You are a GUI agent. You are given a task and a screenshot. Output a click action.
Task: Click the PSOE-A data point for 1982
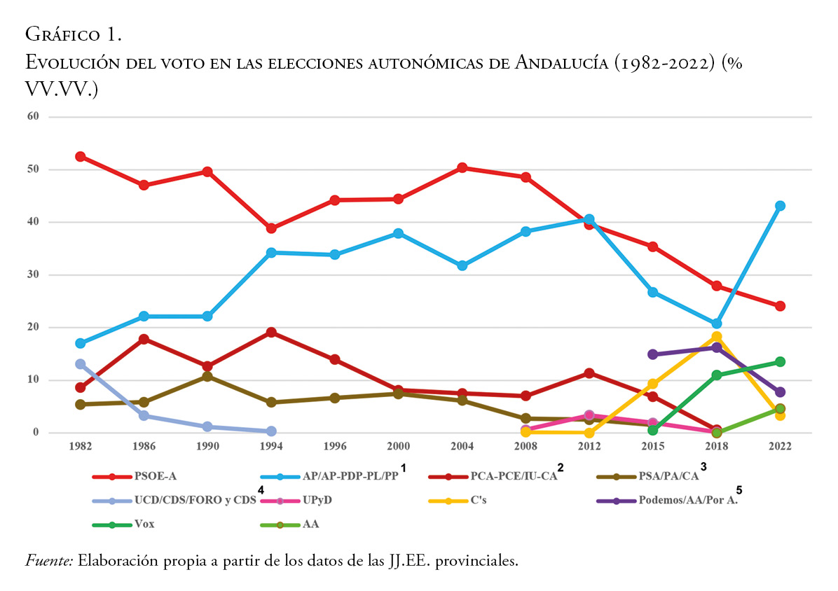point(81,156)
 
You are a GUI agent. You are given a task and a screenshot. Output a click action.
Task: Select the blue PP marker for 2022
point(780,206)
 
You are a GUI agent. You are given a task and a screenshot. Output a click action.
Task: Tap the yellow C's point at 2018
point(716,337)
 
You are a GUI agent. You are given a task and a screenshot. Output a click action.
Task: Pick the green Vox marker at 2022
point(780,362)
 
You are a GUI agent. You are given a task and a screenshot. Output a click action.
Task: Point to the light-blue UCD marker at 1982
point(81,364)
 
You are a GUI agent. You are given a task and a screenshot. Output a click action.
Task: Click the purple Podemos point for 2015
point(652,354)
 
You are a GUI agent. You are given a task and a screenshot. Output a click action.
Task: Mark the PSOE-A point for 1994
point(271,228)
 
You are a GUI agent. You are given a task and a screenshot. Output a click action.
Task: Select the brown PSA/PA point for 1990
point(207,377)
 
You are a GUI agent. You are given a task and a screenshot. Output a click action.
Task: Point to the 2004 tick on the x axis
point(462,447)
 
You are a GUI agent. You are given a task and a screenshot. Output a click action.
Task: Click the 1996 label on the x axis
point(335,447)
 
